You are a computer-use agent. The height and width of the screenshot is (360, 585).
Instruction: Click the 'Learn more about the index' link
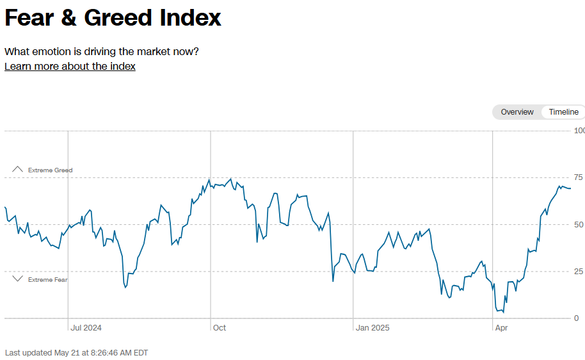[70, 67]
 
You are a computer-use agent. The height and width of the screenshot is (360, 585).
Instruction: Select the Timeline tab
[563, 112]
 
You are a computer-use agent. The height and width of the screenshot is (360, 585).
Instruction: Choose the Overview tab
[517, 112]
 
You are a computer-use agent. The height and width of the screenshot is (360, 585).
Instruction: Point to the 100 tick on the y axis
[579, 131]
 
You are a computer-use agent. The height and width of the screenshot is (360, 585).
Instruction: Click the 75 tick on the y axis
[579, 177]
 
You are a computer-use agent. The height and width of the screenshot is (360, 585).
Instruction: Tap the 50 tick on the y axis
[579, 224]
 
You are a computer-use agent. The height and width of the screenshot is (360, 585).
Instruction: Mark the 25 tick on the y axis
[579, 272]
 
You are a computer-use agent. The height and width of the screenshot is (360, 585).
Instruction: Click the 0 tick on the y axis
[576, 318]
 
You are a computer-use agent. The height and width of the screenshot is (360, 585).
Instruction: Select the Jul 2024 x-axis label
[86, 328]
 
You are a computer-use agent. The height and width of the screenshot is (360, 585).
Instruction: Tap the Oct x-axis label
[219, 328]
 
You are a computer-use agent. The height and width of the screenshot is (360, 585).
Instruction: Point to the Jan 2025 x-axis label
[372, 328]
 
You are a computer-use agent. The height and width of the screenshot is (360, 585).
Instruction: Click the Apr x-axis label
[502, 328]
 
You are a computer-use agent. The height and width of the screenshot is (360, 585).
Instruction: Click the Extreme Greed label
[50, 170]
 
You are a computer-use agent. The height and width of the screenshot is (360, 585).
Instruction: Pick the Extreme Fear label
[47, 280]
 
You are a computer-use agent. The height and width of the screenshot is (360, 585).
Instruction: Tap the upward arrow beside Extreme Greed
[18, 170]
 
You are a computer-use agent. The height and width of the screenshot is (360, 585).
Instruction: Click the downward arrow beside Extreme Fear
[18, 279]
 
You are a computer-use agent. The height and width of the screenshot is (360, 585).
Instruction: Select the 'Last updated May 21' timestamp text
[76, 353]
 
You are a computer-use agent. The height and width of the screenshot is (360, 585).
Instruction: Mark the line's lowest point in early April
[503, 312]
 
